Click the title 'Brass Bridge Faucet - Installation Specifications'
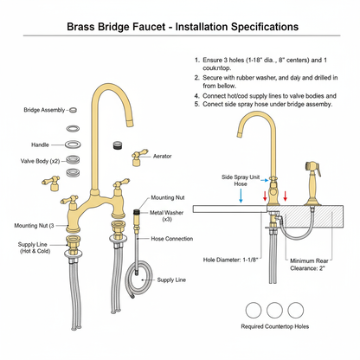(x=179, y=27)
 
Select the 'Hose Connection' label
(x=170, y=238)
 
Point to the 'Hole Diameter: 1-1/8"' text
(x=232, y=259)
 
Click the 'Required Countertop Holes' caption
(x=274, y=327)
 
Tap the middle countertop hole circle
(x=275, y=309)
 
